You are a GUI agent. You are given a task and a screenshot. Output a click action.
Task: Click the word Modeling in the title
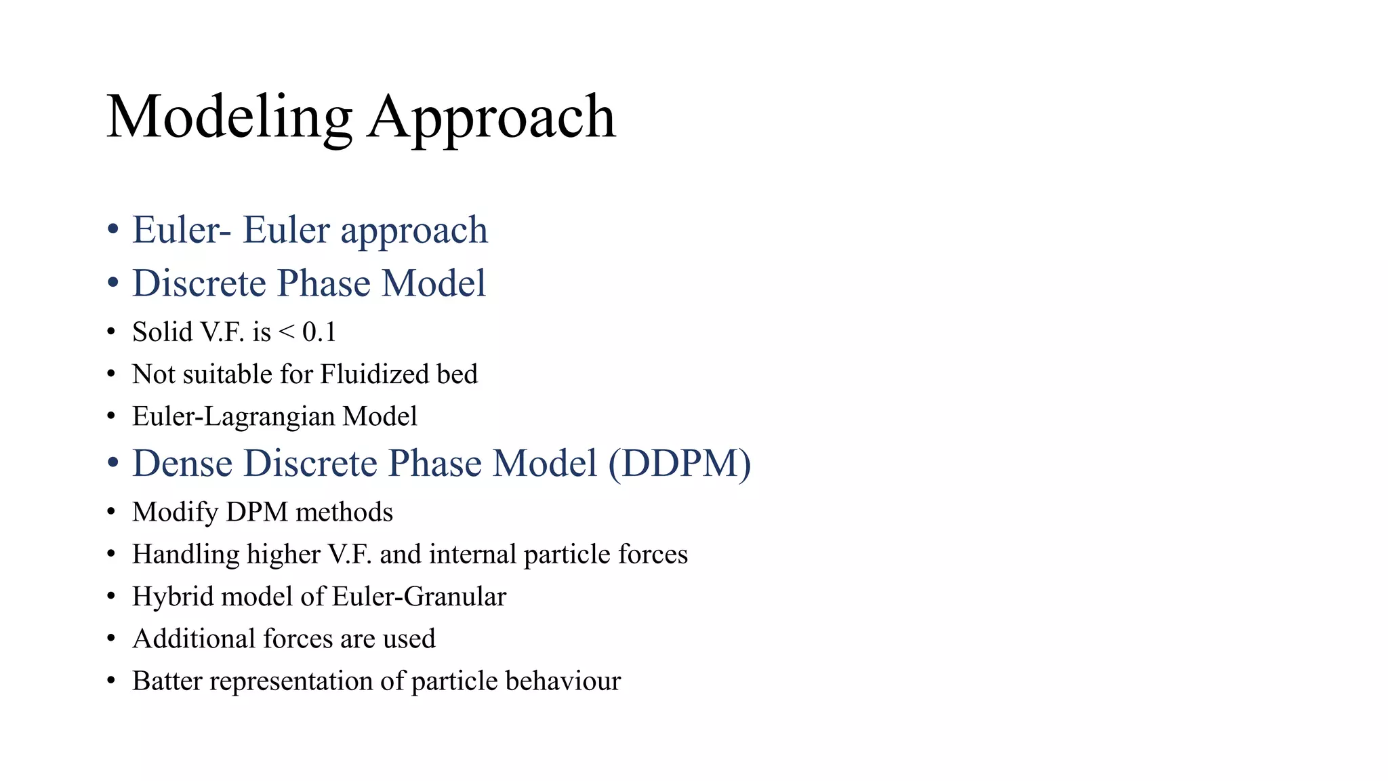229,117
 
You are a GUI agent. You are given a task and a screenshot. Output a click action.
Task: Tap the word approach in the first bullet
413,231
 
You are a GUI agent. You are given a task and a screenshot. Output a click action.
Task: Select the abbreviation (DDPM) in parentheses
679,464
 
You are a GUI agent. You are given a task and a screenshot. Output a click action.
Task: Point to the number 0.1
319,332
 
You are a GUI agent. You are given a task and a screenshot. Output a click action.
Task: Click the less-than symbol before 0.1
287,332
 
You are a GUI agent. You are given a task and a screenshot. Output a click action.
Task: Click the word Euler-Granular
419,597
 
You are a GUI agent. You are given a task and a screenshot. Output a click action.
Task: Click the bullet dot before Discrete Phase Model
113,283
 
